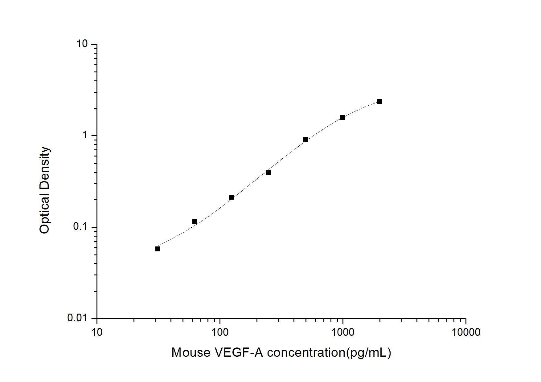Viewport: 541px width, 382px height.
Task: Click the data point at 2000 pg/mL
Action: [x=380, y=101]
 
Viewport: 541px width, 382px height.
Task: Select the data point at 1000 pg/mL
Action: [x=343, y=118]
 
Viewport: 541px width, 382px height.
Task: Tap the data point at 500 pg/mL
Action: [x=306, y=139]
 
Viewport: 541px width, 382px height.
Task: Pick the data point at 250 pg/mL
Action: [x=269, y=173]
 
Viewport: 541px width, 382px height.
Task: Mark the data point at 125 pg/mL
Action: [x=232, y=197]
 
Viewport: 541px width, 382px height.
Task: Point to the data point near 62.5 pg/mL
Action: [x=195, y=221]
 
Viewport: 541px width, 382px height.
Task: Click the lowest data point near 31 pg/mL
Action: [x=158, y=249]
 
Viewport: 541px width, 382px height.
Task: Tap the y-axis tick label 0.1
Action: [x=80, y=227]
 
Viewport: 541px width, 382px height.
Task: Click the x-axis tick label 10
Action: [x=97, y=332]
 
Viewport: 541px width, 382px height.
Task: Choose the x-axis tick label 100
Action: [x=220, y=332]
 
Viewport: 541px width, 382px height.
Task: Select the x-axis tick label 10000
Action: [x=466, y=332]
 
